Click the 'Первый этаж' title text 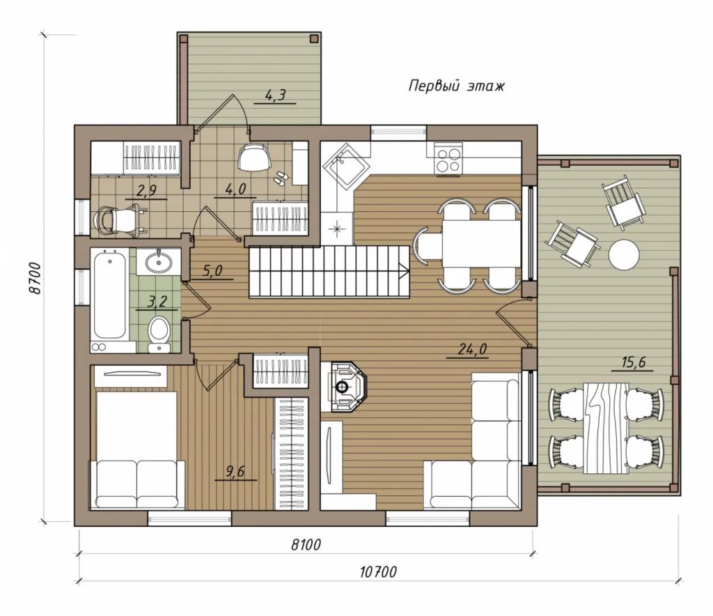457,86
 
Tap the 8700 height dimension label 36,278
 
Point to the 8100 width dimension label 306,544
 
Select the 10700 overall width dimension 378,572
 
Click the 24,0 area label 473,349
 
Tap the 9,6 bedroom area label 235,471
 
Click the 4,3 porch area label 275,95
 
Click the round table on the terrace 623,254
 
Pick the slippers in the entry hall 279,178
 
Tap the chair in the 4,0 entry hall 253,157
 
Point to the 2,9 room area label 146,191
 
